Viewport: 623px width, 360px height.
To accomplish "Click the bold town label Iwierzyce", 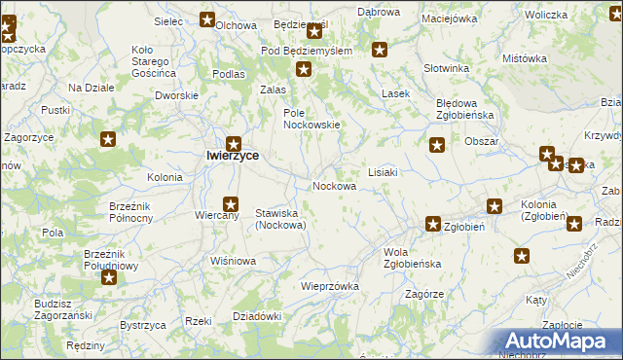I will (232, 155).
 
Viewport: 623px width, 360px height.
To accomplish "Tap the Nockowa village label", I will (333, 186).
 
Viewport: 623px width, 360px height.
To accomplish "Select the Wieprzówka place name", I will (330, 286).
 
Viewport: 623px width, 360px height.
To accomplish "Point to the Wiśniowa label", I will (233, 261).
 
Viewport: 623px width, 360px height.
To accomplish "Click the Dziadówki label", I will (257, 316).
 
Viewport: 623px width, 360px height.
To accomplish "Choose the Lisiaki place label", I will (383, 172).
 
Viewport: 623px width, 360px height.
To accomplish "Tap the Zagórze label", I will (424, 294).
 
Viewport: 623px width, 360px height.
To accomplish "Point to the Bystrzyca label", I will (139, 324).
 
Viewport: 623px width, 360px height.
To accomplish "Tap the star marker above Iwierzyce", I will (234, 142).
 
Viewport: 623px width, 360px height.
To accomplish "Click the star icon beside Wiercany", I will (231, 204).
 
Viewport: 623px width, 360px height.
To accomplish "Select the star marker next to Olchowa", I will (207, 18).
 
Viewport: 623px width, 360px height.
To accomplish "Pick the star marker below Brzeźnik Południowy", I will (109, 278).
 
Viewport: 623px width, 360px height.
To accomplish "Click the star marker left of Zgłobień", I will (433, 224).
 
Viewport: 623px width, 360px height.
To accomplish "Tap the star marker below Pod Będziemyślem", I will (304, 69).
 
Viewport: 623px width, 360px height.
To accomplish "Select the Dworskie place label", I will (177, 95).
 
